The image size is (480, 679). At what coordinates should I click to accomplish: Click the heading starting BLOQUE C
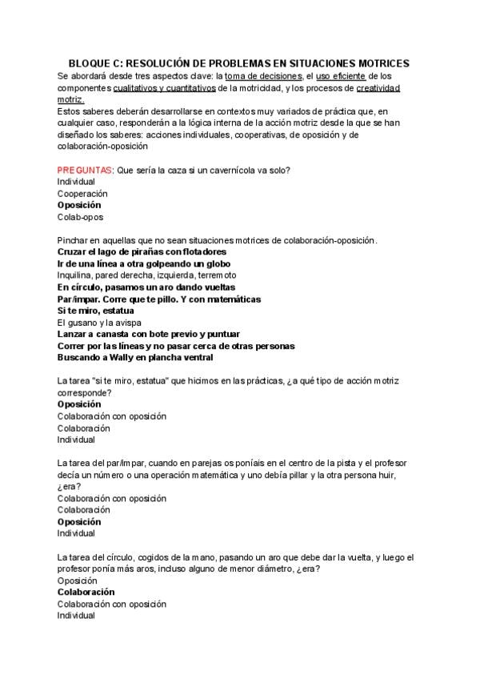pyautogui.click(x=238, y=62)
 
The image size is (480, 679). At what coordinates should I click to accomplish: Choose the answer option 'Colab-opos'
pyautogui.click(x=80, y=216)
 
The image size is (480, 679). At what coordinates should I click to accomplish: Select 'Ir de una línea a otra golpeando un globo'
pyautogui.click(x=143, y=263)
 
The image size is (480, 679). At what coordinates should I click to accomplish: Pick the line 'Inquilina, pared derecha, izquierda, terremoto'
pyautogui.click(x=146, y=275)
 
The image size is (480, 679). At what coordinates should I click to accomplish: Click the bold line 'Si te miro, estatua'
pyautogui.click(x=95, y=310)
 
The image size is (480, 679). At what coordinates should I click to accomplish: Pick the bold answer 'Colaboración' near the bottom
pyautogui.click(x=86, y=592)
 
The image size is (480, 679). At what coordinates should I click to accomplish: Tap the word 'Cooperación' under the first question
pyautogui.click(x=82, y=193)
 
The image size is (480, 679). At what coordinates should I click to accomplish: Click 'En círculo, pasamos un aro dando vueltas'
pyautogui.click(x=146, y=287)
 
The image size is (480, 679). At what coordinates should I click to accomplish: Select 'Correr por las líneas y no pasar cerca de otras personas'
pyautogui.click(x=176, y=345)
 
